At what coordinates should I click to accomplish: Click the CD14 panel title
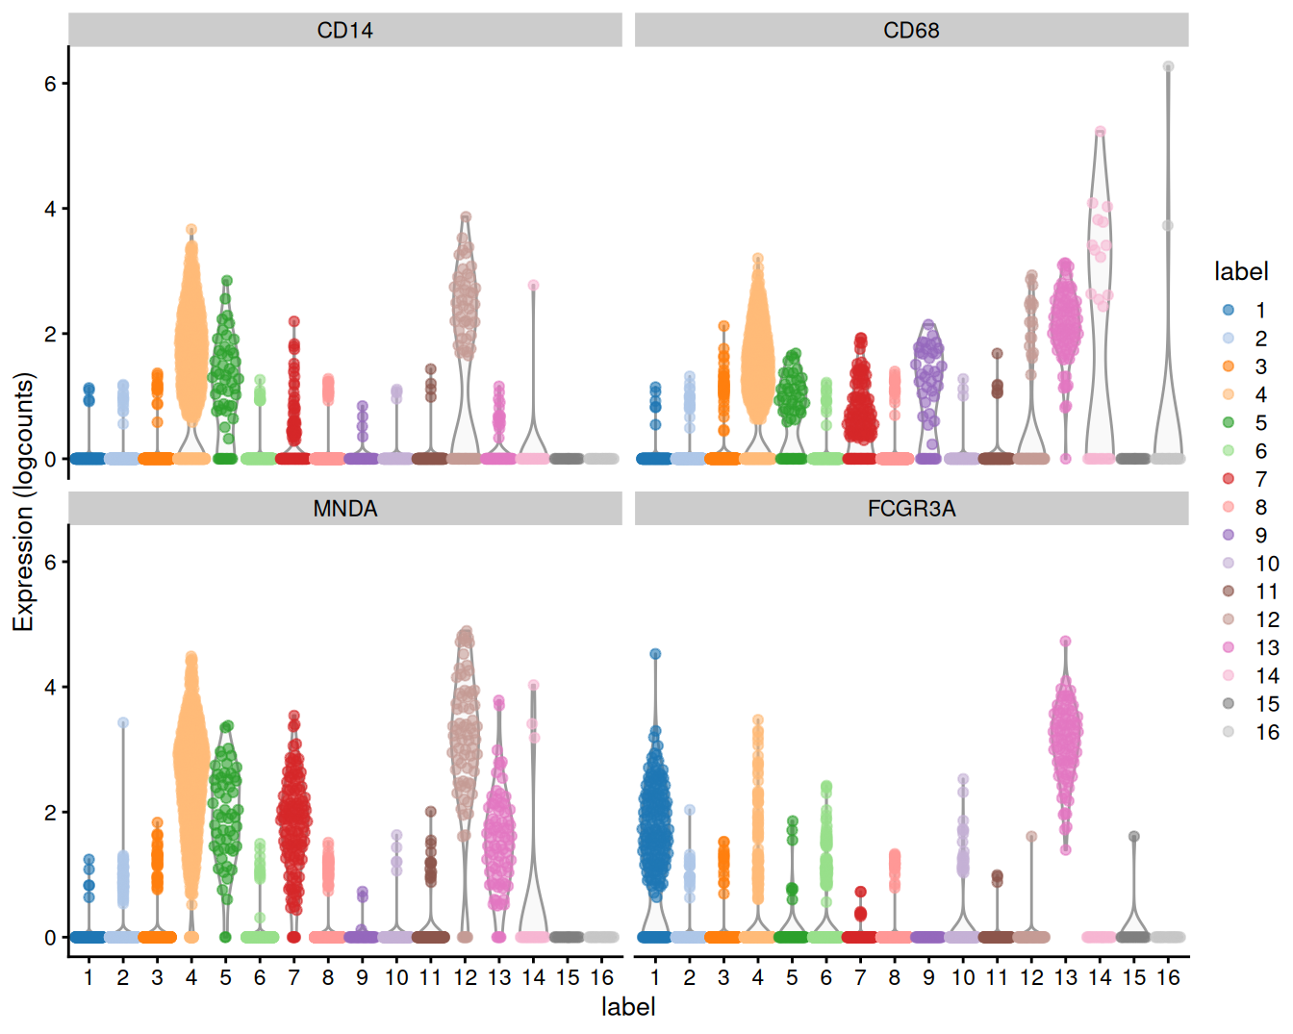point(344,30)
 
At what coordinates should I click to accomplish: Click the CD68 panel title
point(910,30)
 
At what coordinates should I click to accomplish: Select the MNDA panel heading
point(344,508)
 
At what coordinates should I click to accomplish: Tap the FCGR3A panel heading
point(910,508)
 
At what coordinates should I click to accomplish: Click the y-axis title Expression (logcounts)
point(23,501)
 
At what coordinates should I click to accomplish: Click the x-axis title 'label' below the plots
point(627,1007)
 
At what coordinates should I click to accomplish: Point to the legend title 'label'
point(1240,272)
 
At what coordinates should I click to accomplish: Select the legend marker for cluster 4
point(1229,394)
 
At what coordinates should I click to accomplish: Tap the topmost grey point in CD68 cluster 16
point(1168,66)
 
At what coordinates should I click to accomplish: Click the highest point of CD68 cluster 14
point(1100,132)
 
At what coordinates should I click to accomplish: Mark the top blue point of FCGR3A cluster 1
point(655,654)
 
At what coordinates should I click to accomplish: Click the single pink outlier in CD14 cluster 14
point(533,286)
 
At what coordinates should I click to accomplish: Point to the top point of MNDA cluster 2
point(123,722)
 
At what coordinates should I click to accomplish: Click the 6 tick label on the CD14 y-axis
point(50,84)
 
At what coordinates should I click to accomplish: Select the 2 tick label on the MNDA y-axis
point(50,813)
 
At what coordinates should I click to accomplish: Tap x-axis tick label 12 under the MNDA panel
point(465,978)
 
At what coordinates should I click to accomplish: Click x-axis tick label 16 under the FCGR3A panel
point(1168,978)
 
